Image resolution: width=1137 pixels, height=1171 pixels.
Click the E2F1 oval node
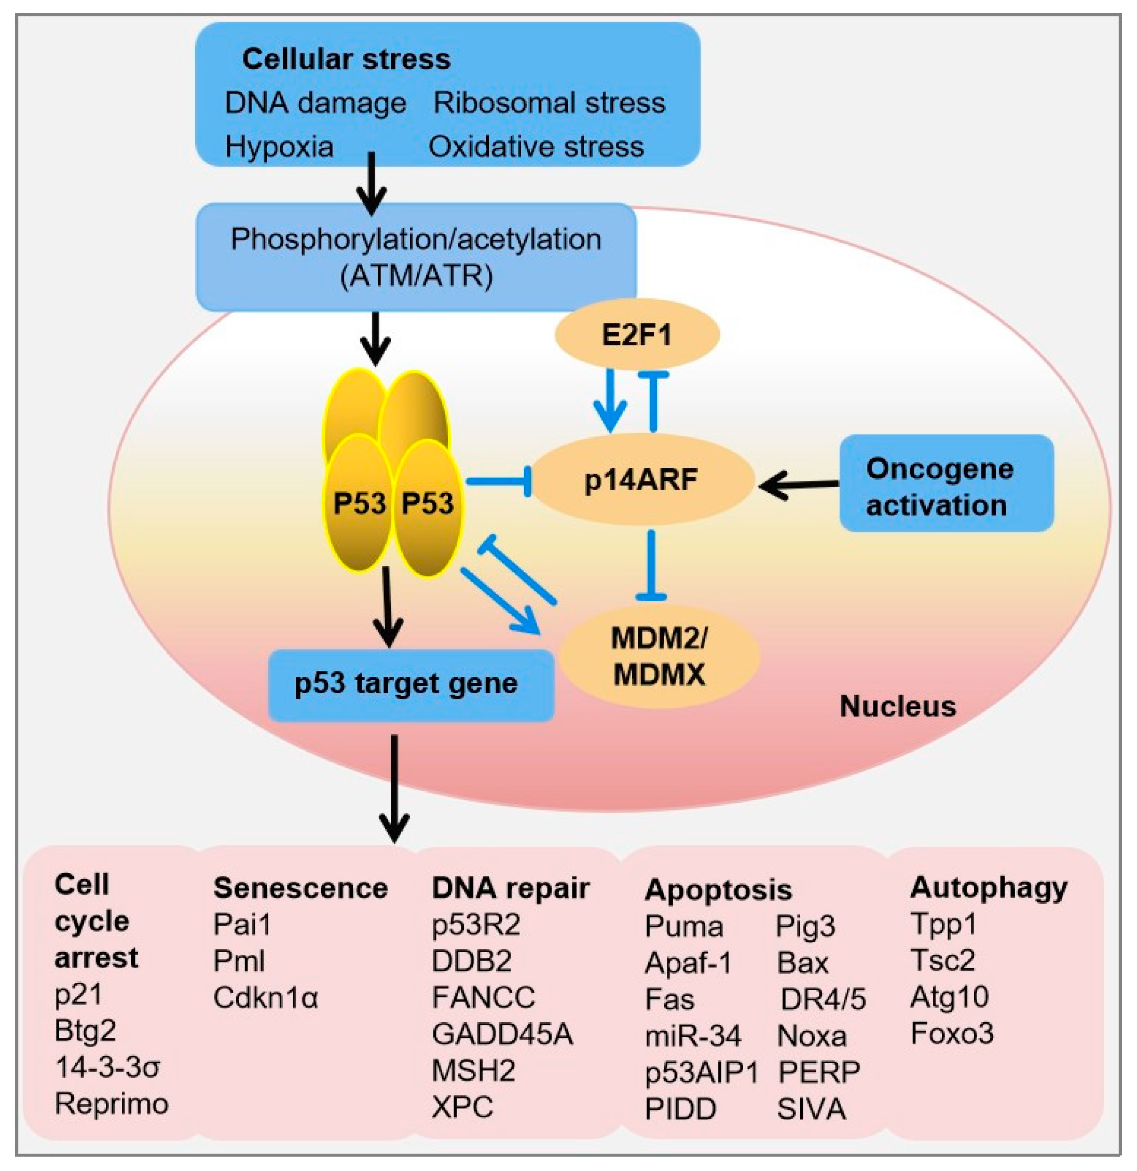click(636, 334)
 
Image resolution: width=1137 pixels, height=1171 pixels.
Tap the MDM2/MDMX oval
click(659, 657)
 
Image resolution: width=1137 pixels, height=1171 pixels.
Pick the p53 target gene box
click(411, 683)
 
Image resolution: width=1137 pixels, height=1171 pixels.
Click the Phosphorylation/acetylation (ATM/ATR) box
click(416, 257)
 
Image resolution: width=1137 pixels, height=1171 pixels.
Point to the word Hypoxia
click(279, 146)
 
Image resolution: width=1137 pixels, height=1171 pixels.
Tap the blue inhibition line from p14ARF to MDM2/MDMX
click(652, 565)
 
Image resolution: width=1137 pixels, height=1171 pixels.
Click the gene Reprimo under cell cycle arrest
click(111, 1104)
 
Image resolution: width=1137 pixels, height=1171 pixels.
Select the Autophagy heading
click(988, 889)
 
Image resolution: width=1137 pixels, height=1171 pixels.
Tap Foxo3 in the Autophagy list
click(952, 1034)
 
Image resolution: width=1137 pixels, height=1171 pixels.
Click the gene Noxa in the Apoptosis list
click(811, 1036)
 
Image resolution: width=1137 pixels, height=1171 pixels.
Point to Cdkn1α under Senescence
click(266, 998)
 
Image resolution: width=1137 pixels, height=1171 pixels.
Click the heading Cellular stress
click(346, 59)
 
